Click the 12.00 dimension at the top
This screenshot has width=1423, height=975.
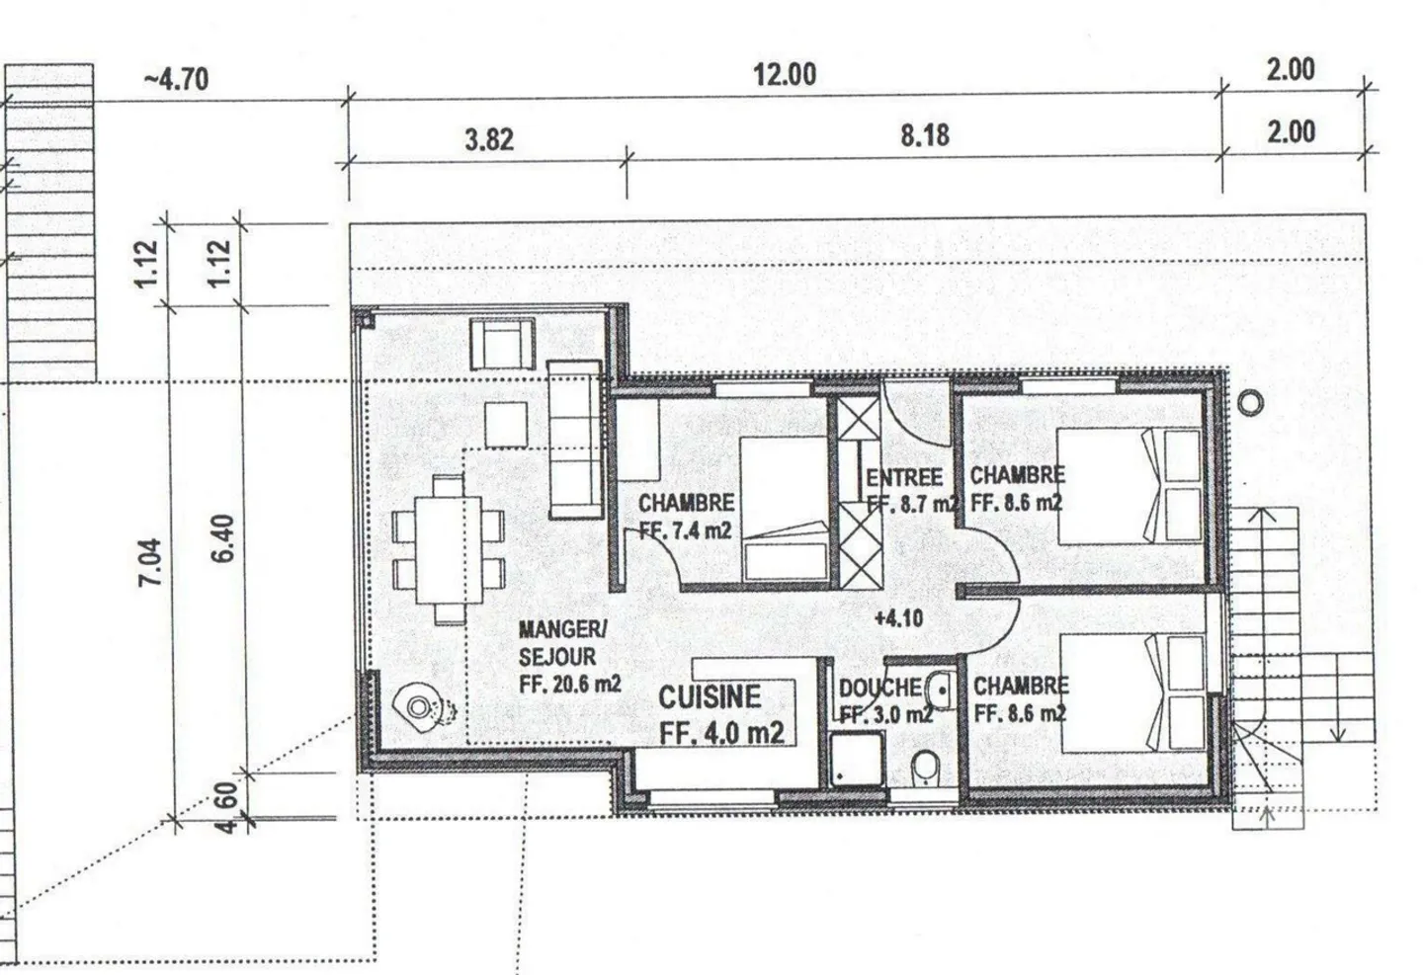pos(785,74)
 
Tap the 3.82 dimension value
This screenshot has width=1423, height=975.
pos(489,139)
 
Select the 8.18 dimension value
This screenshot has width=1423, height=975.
pos(925,135)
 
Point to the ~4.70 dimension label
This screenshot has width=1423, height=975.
pos(176,79)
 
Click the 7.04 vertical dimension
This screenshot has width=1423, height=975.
pos(150,563)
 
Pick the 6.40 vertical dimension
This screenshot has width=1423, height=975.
pos(224,538)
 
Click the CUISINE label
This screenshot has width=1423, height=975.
pos(710,697)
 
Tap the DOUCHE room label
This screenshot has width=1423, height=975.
pos(880,688)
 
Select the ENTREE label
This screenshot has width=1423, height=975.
pos(904,478)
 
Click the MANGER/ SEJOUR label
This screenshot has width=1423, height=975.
pos(563,643)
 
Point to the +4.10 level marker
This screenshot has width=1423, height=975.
pos(899,618)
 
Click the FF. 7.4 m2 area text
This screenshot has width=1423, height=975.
pos(685,530)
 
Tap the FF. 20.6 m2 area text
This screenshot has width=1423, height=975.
pos(570,684)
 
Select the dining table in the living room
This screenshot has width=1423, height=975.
pos(449,550)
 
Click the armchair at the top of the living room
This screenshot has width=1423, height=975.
pos(502,344)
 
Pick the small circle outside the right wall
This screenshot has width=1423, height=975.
pos(1250,403)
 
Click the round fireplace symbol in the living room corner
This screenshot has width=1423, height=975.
pos(418,707)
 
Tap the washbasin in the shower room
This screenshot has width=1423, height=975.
pos(942,691)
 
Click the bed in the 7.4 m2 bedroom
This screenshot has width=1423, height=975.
pos(785,509)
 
